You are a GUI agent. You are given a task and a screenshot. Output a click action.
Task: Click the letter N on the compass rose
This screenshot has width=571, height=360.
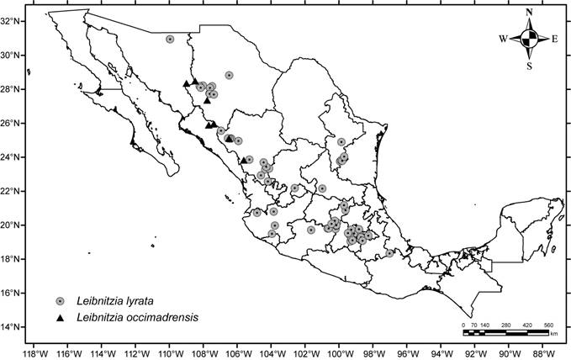pos(529,12)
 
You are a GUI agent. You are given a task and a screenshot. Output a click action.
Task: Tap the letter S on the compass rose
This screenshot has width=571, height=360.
pos(529,65)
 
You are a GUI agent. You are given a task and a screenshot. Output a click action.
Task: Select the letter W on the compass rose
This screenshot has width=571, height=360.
pos(503,39)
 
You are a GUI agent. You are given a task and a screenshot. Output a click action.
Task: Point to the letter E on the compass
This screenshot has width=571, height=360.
pos(555,39)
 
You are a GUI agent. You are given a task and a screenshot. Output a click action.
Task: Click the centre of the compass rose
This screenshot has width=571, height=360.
pos(529,39)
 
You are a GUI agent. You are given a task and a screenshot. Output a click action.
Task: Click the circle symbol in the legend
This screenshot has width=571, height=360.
pos(60,301)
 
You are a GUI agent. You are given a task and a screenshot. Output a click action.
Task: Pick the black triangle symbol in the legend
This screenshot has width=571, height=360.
pos(60,318)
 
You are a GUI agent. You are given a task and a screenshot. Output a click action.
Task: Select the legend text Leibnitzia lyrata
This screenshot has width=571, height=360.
pos(112,301)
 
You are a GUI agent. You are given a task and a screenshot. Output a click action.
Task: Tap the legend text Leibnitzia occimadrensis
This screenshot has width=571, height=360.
pos(131,318)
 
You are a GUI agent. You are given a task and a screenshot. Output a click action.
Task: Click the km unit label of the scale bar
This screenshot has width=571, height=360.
pos(554,334)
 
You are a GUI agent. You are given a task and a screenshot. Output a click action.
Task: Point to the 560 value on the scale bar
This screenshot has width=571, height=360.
pos(548,325)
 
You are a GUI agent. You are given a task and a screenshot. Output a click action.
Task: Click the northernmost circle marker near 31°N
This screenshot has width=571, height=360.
pos(170,39)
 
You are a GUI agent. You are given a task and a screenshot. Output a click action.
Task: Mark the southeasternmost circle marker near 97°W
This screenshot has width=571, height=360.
pos(389,252)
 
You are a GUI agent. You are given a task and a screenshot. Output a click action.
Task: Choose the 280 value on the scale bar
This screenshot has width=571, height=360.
pos(506,325)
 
